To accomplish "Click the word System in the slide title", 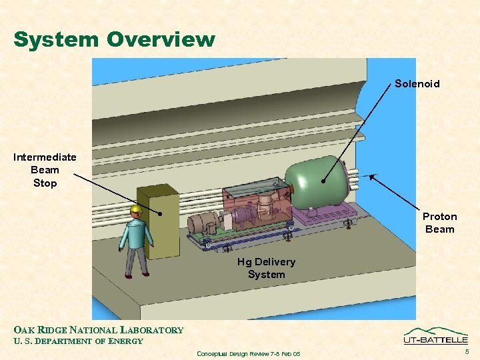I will pyautogui.click(x=54, y=40).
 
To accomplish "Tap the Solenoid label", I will pyautogui.click(x=417, y=84).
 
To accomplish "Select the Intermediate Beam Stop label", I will pyautogui.click(x=45, y=170).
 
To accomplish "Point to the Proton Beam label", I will pyautogui.click(x=439, y=223).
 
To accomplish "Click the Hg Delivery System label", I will pyautogui.click(x=266, y=268).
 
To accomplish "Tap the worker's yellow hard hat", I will pyautogui.click(x=137, y=211).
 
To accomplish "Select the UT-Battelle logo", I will pyautogui.click(x=435, y=337).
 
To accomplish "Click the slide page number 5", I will pyautogui.click(x=467, y=351).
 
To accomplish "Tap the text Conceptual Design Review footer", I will pyautogui.click(x=248, y=353).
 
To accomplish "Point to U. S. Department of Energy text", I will pyautogui.click(x=78, y=341).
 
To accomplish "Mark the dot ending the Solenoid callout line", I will pyautogui.click(x=323, y=181).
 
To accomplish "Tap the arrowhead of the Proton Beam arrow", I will pyautogui.click(x=371, y=175).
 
